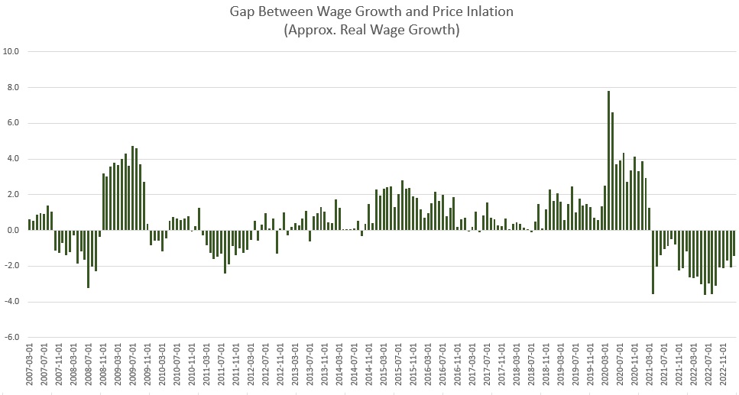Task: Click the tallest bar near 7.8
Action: tap(608, 160)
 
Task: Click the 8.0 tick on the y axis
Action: tap(11, 88)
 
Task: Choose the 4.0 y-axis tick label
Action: tap(11, 159)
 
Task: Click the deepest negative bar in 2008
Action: tap(89, 259)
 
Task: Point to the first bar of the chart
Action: tap(30, 225)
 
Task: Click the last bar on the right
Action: tap(734, 243)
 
